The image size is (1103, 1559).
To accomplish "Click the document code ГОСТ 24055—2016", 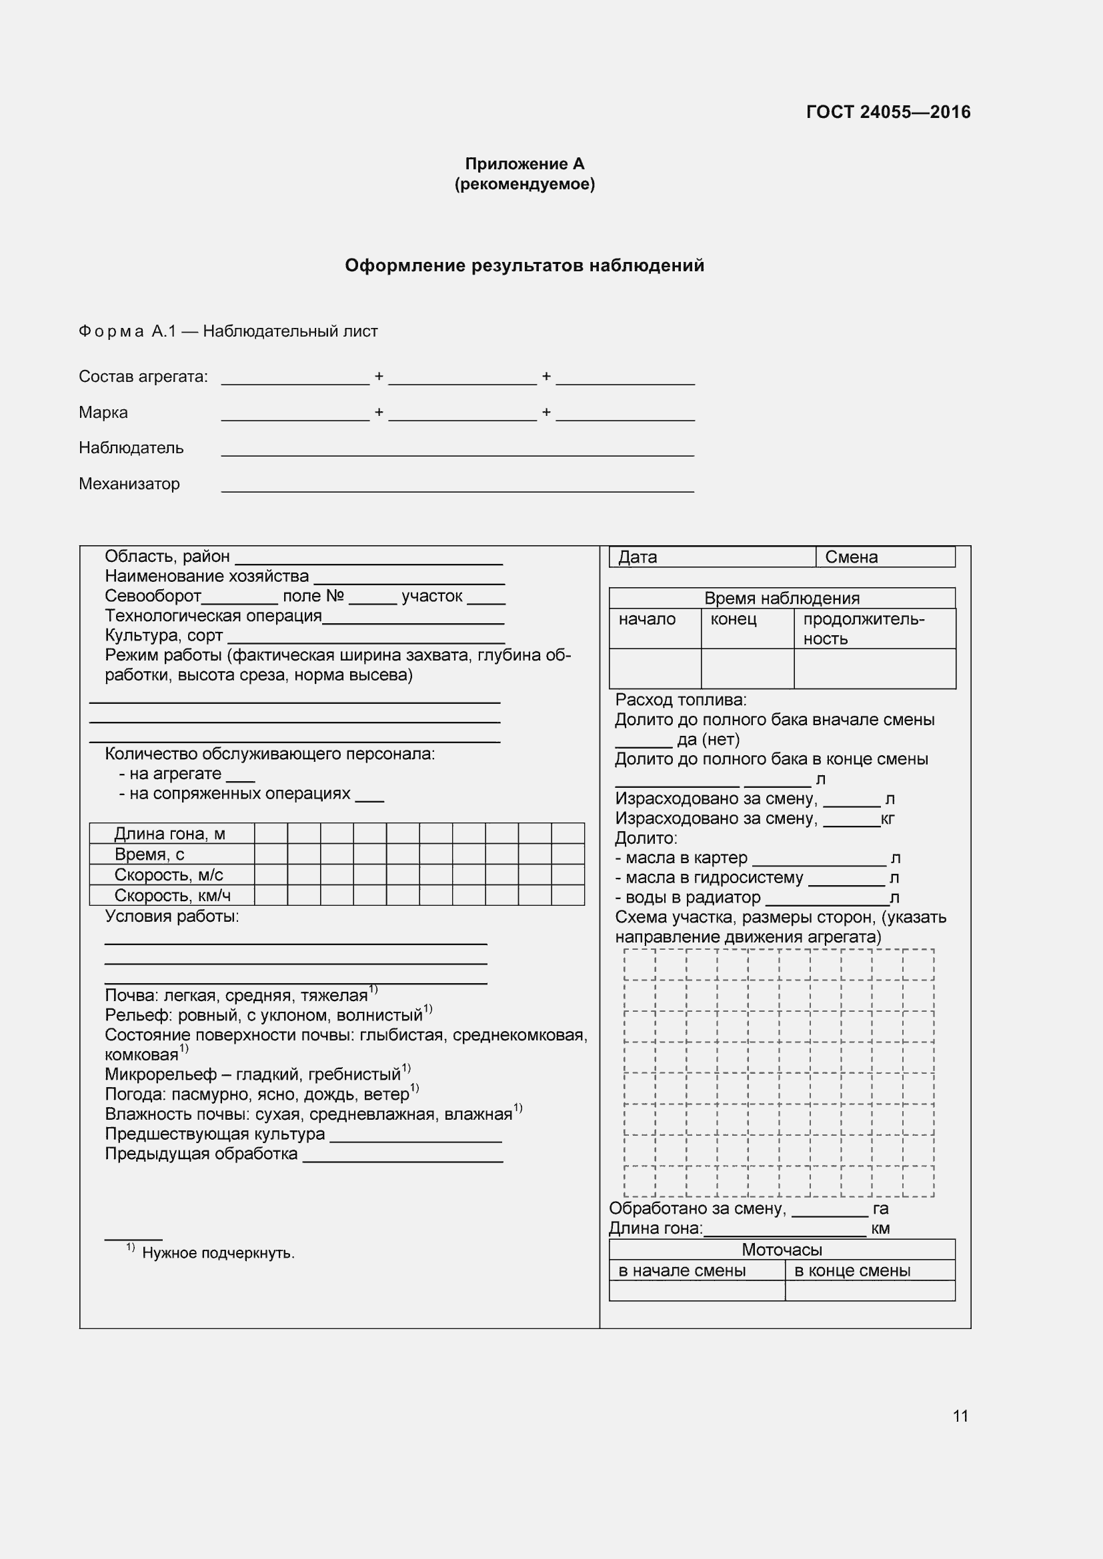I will pos(888,112).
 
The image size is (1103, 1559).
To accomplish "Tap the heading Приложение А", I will pos(524,164).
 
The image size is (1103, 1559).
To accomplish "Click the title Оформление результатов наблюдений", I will pos(524,265).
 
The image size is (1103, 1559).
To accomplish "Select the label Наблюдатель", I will pos(131,448).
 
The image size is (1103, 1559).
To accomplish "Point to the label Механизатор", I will pos(129,484).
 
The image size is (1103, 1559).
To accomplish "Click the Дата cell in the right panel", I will pos(712,557).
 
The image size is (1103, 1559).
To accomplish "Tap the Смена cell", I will pos(884,557).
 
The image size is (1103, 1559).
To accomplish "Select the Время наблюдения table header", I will pos(782,598).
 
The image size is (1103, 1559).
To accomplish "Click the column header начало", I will pos(647,619).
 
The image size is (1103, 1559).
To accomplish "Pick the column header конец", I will pos(733,619).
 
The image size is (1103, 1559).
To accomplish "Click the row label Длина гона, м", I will pos(170,834).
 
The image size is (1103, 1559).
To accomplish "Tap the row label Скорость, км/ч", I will pos(173,896).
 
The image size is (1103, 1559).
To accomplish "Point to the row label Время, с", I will pos(149,854).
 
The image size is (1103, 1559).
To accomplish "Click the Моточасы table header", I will pos(782,1250).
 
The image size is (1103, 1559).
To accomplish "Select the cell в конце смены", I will pos(852,1270).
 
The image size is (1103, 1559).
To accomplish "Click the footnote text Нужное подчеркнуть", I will pos(218,1254).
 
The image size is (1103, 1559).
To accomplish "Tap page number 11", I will pos(960,1416).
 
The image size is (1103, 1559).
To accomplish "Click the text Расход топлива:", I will pos(681,700).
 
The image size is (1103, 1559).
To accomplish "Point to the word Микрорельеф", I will pos(160,1074).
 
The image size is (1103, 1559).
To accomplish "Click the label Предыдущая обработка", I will pos(201,1154).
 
